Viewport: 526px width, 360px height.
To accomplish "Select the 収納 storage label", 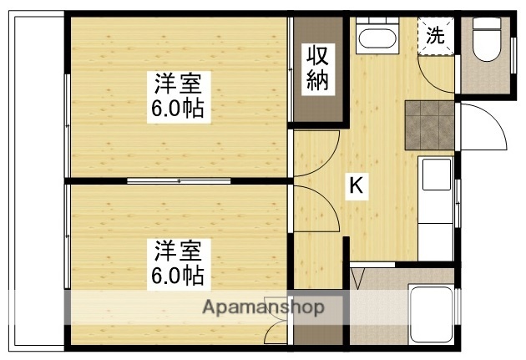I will [x=316, y=70].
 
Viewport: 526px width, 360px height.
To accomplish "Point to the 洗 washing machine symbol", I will [x=436, y=36].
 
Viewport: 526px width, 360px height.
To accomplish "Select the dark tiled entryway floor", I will [x=429, y=123].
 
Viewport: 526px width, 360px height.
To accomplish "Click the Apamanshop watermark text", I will [x=264, y=307].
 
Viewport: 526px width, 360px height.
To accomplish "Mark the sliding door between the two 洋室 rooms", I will [x=179, y=180].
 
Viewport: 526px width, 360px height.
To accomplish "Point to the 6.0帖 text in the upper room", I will [x=178, y=109].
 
